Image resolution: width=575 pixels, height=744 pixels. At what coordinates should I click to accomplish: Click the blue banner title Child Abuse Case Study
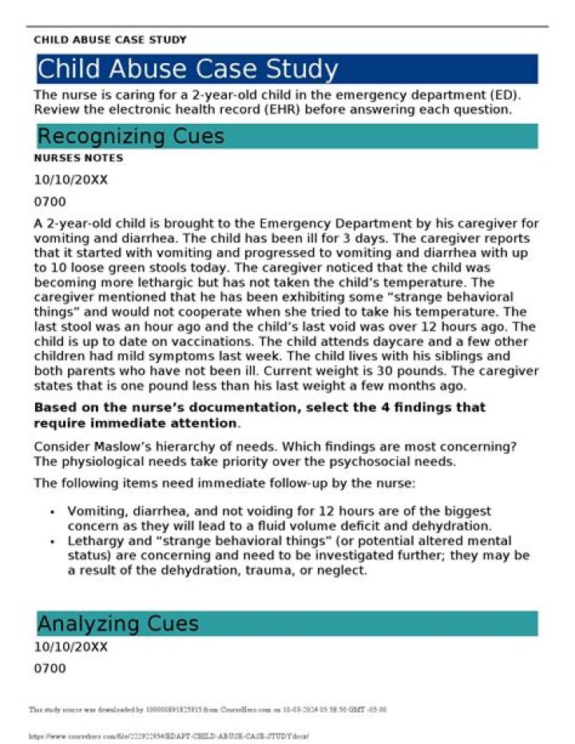pos(188,70)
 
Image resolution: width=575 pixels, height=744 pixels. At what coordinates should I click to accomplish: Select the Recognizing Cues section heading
pos(131,137)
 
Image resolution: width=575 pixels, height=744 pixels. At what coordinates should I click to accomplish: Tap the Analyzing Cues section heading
pos(118,623)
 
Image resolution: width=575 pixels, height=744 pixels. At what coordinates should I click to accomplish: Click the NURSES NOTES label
pos(78,158)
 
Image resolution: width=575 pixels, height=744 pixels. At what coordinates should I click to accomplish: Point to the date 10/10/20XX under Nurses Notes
pos(70,180)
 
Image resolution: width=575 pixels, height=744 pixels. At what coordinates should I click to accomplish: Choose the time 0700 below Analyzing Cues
pos(50,668)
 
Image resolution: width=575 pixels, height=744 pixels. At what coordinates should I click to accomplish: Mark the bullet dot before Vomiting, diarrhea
pos(52,511)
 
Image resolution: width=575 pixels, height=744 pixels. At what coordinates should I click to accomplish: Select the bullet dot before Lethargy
pos(52,540)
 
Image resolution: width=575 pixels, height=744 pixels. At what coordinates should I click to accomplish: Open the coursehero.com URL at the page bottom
pos(169,735)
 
